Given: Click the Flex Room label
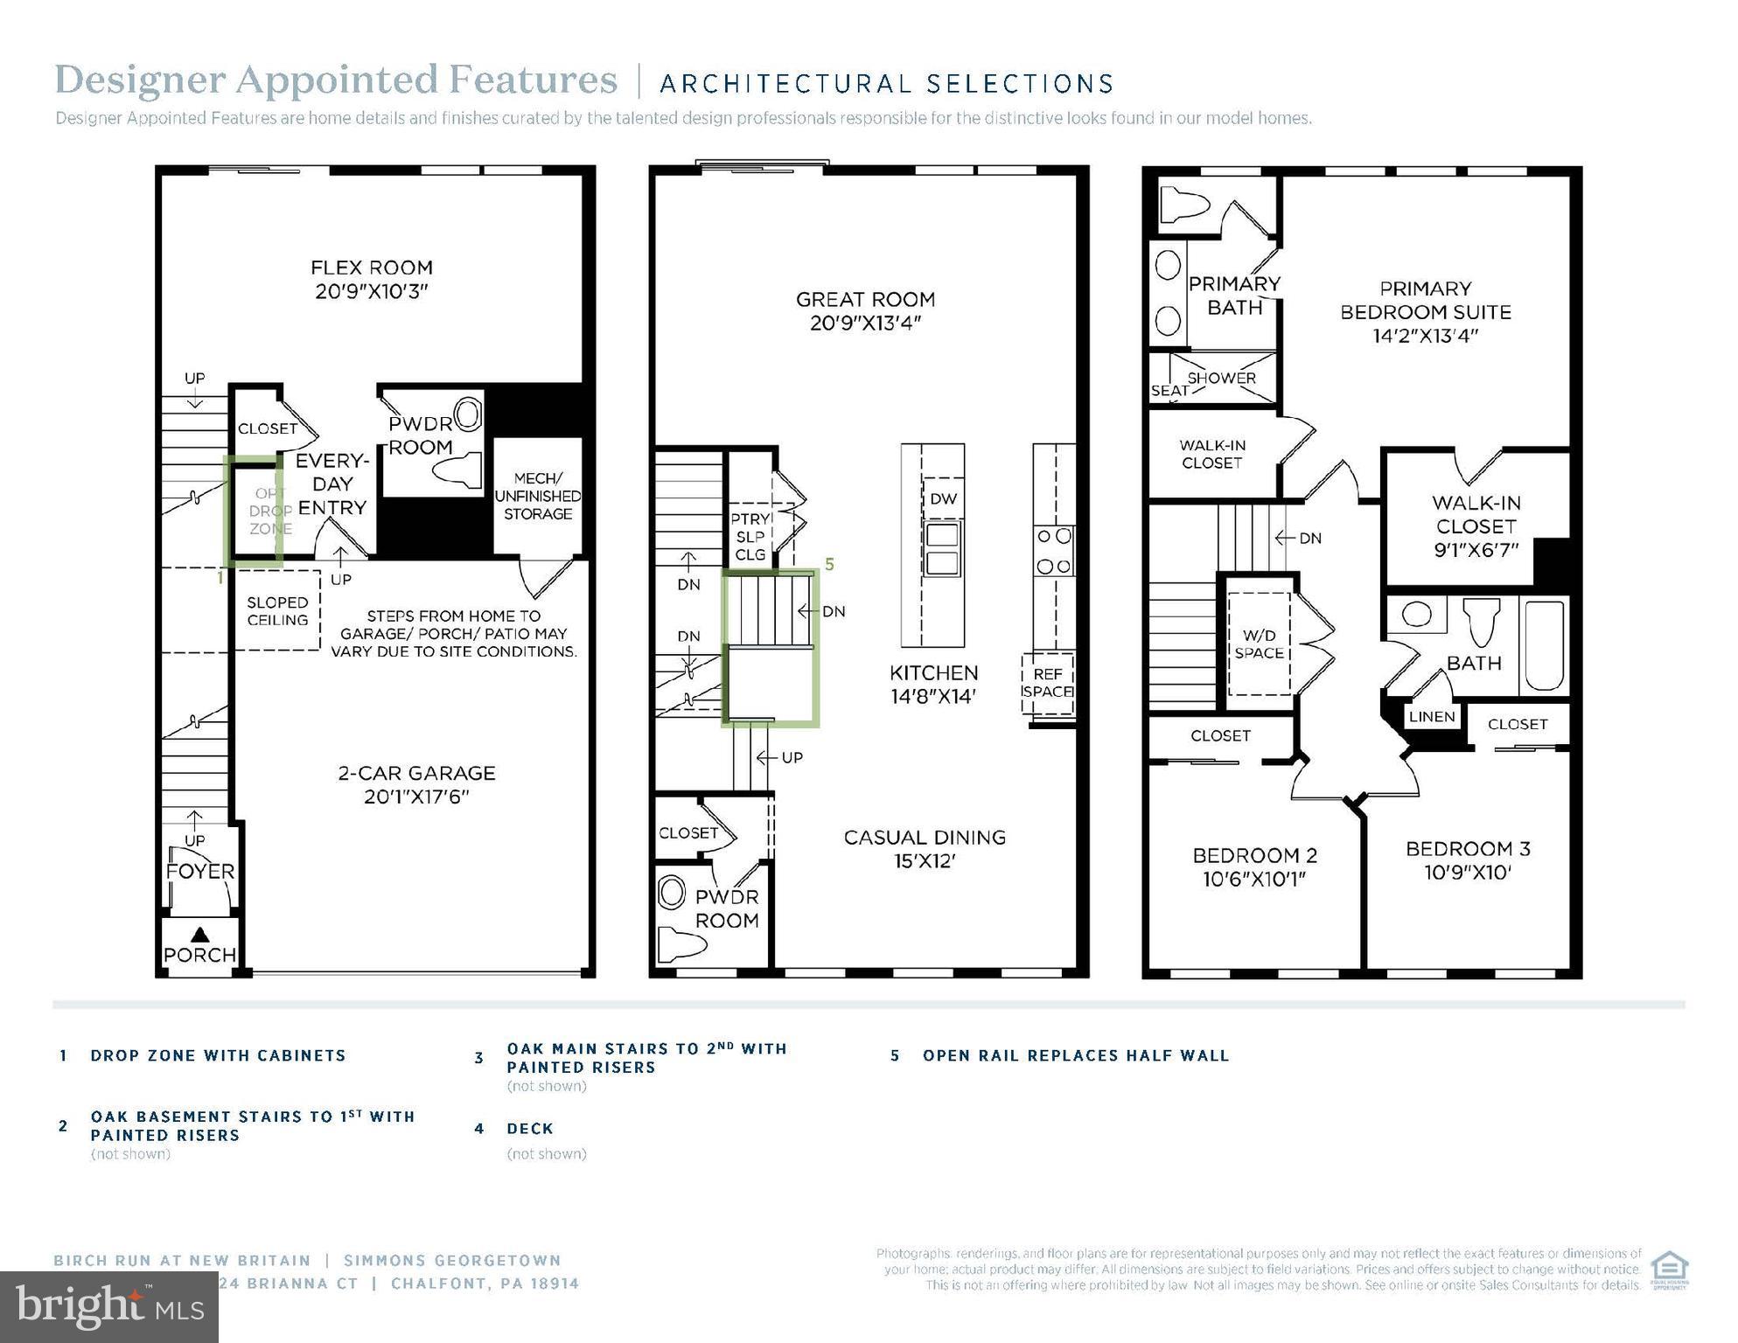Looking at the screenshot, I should coord(372,268).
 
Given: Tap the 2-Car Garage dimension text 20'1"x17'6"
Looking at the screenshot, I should coord(416,797).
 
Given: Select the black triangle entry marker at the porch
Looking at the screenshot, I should coord(199,935).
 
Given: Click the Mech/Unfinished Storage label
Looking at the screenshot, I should coord(537,496).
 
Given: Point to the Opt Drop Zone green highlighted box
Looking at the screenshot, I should coord(254,511).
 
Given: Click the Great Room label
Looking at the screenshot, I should coord(865,300).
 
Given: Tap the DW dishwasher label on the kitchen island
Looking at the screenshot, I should coord(943,498).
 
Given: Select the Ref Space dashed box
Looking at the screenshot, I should coord(1047,683).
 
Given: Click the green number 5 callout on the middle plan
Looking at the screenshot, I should coord(829,565).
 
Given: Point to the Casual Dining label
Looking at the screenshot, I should coord(925,838).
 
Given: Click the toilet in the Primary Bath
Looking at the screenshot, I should coord(1184,207).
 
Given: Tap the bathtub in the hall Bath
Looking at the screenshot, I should coord(1544,646).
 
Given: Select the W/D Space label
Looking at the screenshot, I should coord(1259,644).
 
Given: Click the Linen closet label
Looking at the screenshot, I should coord(1432,717).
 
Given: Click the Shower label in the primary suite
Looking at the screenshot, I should coord(1221,378).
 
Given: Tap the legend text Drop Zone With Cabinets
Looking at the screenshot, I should coord(218,1055).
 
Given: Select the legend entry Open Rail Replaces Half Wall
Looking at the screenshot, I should coord(1075,1055).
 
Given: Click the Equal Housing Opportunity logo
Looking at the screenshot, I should coord(1669,1270).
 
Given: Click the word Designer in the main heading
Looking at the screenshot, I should coord(141,80).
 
